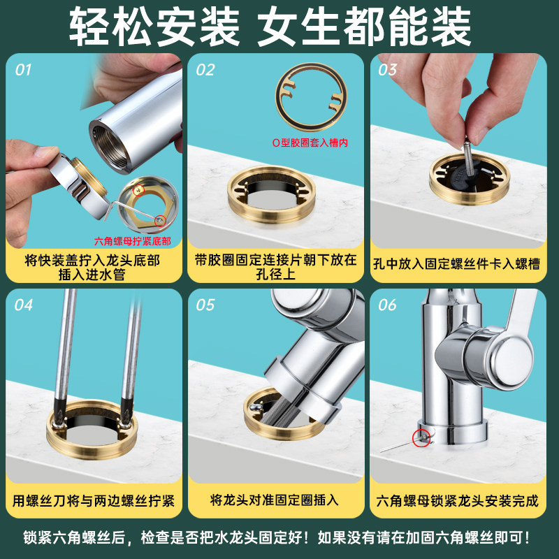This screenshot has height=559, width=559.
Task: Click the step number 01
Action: point(24,70)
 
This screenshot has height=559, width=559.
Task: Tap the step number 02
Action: point(205,70)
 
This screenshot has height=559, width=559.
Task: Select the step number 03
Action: point(388,70)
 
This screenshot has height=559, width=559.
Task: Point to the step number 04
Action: point(24,305)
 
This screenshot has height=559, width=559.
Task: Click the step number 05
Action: point(205,305)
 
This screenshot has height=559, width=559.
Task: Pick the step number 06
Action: point(387,305)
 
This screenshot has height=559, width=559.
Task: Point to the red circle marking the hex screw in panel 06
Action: point(421,438)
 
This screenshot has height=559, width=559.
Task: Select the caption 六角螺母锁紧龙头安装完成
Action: point(458,500)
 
